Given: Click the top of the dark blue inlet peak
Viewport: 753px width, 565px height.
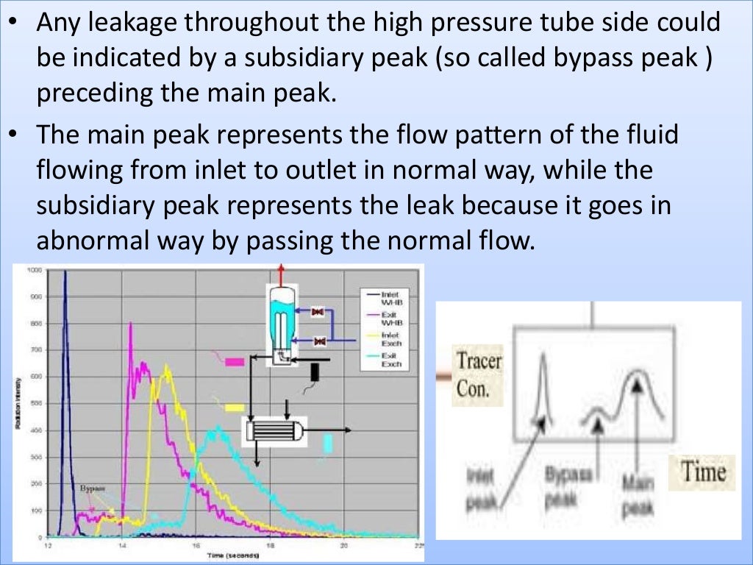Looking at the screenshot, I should coord(65,271).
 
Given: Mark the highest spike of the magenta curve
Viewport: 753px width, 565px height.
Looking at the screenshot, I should coord(130,323).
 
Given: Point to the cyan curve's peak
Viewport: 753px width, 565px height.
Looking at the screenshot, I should coord(218,427).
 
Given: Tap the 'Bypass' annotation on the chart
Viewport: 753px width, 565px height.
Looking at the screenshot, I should coord(92,488).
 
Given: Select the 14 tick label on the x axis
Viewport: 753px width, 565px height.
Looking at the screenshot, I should coord(122,545).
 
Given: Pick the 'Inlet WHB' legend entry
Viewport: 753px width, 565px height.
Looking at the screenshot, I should coord(392,297).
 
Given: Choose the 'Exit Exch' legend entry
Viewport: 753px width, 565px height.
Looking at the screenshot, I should coord(392,360).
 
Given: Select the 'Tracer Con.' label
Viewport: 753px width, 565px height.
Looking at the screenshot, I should coord(479,374).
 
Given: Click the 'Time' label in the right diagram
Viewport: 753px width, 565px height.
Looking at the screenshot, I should coord(702,472).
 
